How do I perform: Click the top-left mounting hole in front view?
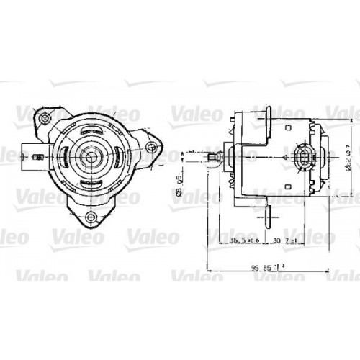(x=47, y=116)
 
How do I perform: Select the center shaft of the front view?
(x=91, y=156)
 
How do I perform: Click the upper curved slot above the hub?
(x=92, y=130)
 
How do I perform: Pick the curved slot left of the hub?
(x=66, y=156)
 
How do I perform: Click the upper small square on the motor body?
(x=287, y=127)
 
